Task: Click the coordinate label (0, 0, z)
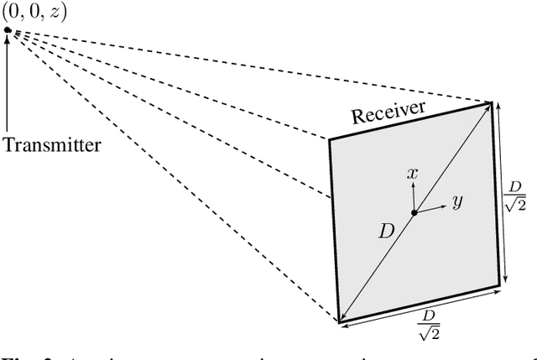click(35, 12)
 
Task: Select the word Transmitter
click(52, 144)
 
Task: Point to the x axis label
click(412, 174)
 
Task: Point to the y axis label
click(457, 201)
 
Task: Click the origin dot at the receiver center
click(413, 212)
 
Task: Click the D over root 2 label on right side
click(515, 196)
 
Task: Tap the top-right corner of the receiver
click(493, 102)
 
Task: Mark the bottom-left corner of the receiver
click(339, 321)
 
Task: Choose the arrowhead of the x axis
click(413, 186)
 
